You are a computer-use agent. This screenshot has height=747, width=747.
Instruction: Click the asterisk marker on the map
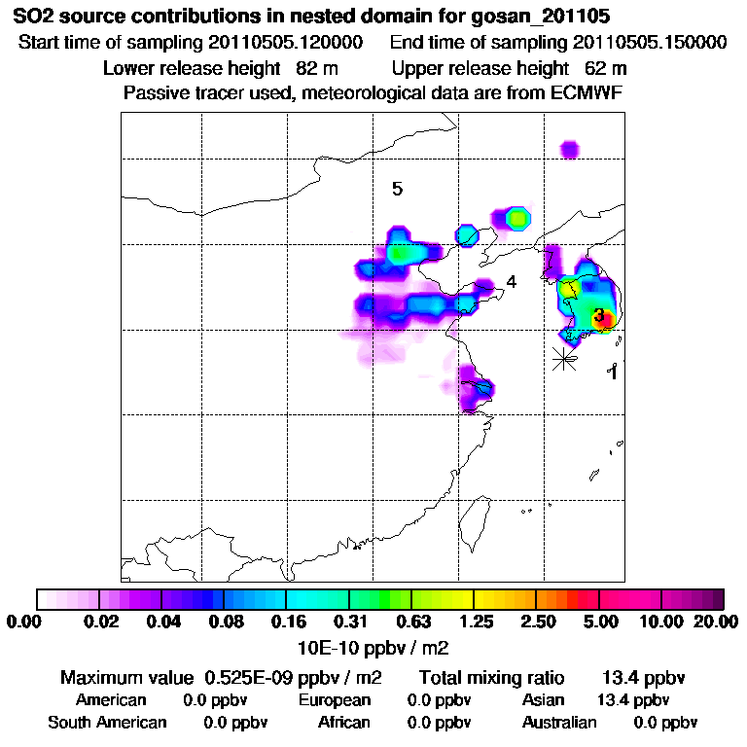click(563, 358)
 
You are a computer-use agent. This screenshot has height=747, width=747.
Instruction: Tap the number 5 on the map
click(397, 189)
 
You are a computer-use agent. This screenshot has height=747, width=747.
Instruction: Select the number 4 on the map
click(511, 282)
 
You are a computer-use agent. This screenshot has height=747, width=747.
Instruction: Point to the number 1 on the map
click(613, 372)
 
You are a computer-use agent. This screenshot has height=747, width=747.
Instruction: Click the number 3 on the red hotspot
click(599, 315)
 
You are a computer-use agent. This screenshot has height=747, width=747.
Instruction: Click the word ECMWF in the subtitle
click(590, 92)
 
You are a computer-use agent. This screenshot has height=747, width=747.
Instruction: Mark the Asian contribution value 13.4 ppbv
click(632, 700)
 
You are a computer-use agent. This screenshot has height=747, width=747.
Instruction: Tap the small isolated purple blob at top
click(569, 149)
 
